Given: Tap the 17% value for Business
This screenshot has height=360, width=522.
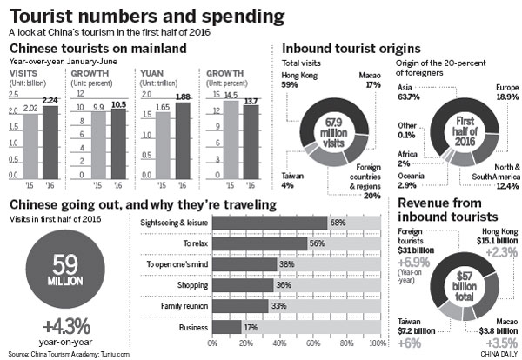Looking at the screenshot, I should coord(250,327).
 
